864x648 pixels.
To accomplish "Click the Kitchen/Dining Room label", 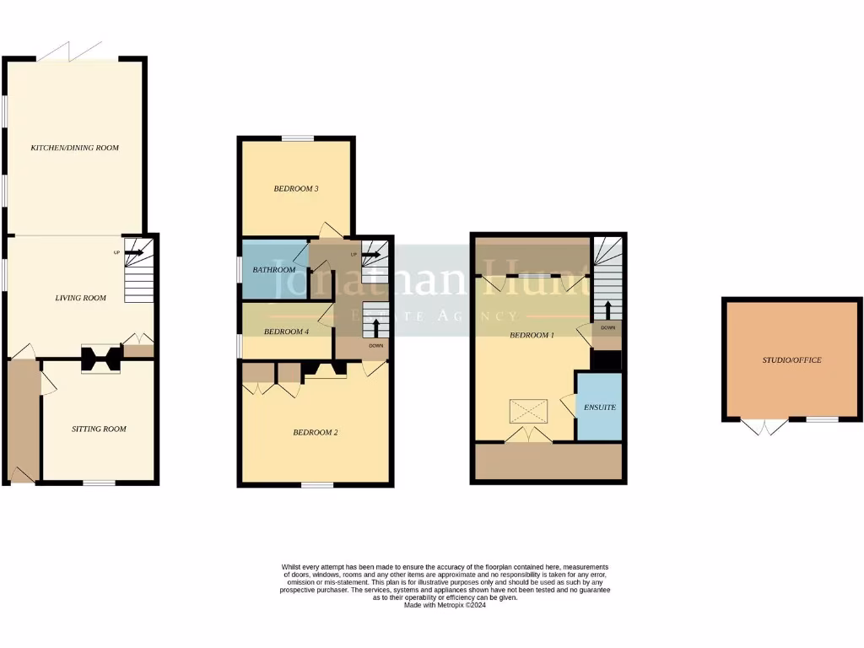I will [74, 148].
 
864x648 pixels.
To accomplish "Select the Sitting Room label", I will [98, 429].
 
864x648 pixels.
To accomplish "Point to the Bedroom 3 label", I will [295, 189].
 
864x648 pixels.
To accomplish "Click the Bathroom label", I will [274, 270].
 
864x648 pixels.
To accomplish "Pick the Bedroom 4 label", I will [286, 332].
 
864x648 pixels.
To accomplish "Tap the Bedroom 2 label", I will [315, 433].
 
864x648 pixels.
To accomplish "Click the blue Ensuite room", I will [599, 407].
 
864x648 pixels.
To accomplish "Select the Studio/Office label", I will [791, 360].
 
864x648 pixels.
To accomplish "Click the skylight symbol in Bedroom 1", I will [527, 412].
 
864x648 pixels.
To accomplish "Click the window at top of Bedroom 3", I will [297, 138].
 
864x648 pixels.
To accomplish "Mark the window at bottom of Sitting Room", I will [99, 483].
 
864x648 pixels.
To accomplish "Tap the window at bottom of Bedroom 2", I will [317, 484].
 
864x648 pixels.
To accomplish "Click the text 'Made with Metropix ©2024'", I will [445, 605].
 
